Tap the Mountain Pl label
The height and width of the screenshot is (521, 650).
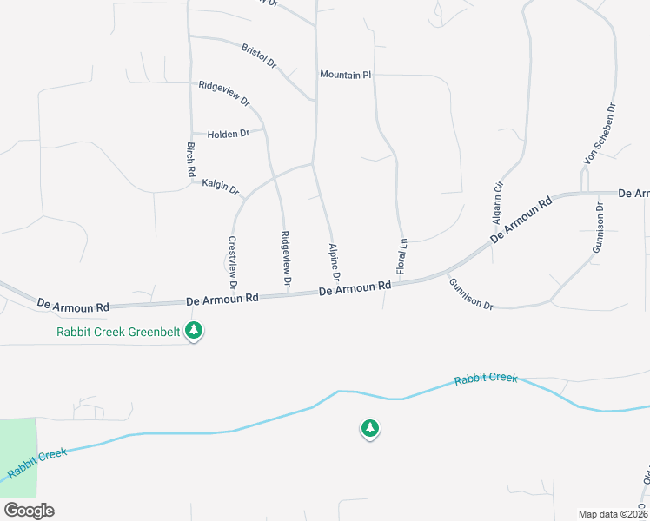(x=345, y=76)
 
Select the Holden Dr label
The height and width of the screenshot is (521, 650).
(x=228, y=134)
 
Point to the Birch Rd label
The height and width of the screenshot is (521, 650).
(x=191, y=161)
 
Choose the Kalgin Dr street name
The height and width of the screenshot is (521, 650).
(x=221, y=186)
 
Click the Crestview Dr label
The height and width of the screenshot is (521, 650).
(x=233, y=262)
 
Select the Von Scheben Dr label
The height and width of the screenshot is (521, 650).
(x=600, y=135)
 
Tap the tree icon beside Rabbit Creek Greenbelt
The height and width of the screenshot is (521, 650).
(x=195, y=330)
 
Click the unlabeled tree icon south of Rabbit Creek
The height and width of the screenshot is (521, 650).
(x=370, y=428)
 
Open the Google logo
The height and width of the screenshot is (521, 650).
(x=28, y=511)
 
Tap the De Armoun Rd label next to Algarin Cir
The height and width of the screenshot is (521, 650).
(x=521, y=221)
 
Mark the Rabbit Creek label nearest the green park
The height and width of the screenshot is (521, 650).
(x=36, y=463)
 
